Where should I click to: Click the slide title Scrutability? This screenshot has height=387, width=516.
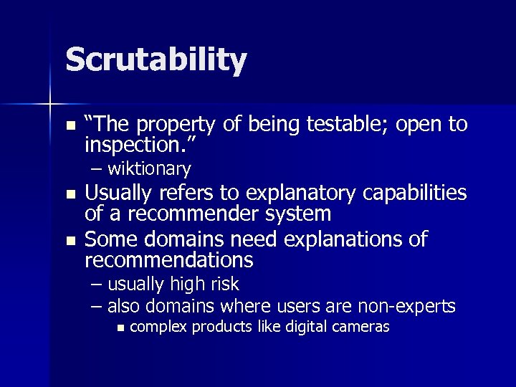click(156, 59)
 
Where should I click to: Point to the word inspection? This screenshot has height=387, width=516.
click(134, 145)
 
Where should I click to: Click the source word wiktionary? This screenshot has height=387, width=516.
click(149, 170)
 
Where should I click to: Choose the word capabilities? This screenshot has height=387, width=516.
click(417, 193)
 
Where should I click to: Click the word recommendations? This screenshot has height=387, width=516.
click(168, 259)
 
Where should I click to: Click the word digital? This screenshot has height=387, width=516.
click(287, 327)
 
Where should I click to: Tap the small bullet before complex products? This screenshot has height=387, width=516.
click(120, 328)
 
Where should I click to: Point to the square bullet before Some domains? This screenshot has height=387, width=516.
click(70, 239)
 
